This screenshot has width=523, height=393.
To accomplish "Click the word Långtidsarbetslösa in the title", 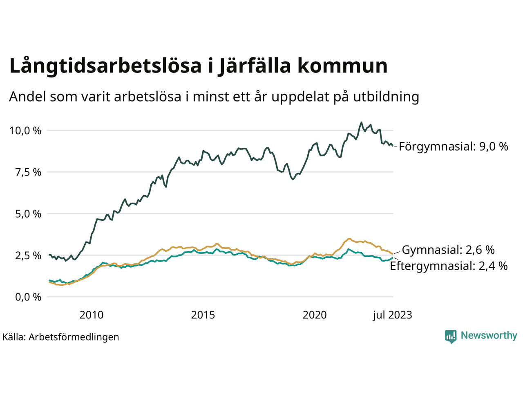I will click(x=106, y=66).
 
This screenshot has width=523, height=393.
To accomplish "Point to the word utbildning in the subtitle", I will click(x=386, y=97).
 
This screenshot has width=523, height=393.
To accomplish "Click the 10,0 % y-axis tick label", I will click(x=25, y=131).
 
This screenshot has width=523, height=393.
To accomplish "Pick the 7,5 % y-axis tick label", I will click(x=28, y=172).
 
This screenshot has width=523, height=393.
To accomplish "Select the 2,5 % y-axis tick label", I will click(x=28, y=255).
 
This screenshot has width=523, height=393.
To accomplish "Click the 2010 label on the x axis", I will click(x=92, y=315).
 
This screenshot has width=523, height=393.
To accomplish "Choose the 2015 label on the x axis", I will click(x=203, y=315).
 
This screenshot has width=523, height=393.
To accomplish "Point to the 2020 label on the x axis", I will click(x=315, y=315).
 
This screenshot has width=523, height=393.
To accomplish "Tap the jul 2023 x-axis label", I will click(x=392, y=315).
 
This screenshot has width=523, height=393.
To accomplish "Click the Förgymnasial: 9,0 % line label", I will click(x=453, y=147).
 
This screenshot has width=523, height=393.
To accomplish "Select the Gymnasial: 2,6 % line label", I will click(x=448, y=250).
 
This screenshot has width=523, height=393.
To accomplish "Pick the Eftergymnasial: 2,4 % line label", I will click(x=449, y=266).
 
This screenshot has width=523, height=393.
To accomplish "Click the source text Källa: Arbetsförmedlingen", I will click(x=60, y=337).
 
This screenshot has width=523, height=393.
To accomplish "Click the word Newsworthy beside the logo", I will click(x=489, y=336).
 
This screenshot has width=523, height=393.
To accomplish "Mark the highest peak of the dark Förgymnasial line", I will click(x=361, y=122).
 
